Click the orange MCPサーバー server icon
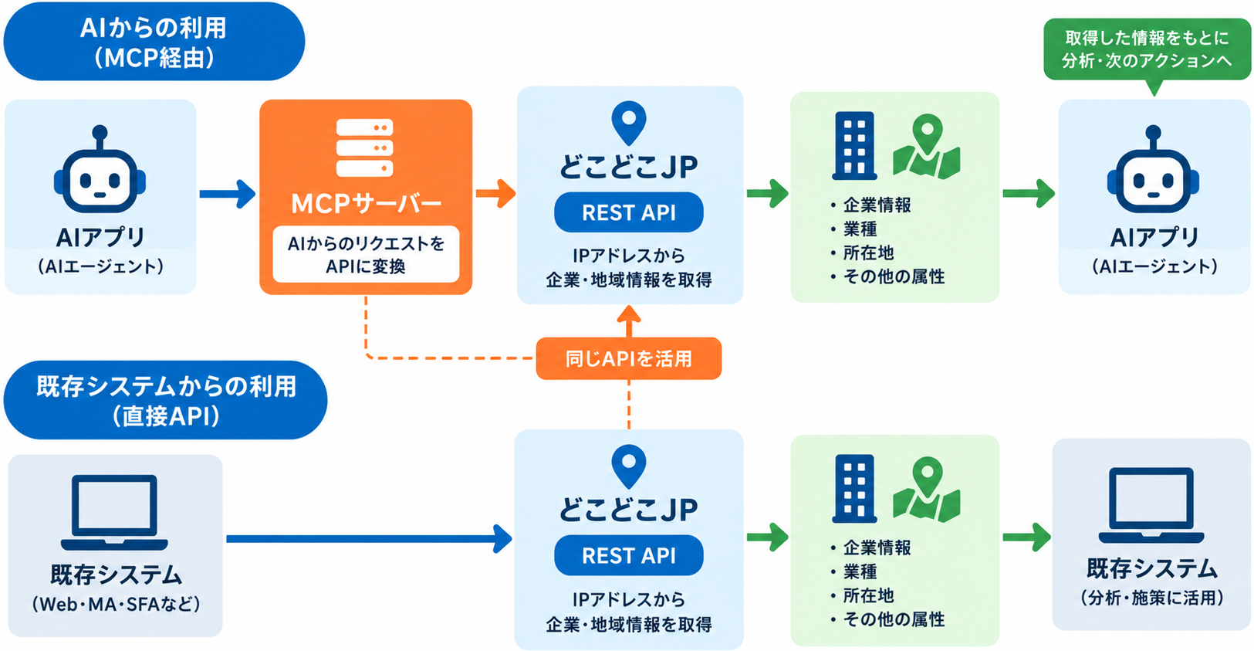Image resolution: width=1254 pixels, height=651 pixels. pos(364,148)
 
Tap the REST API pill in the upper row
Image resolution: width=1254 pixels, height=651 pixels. pos(629,212)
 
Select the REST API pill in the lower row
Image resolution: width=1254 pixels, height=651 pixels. pos(629,555)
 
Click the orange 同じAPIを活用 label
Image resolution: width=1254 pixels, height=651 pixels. pos(629,358)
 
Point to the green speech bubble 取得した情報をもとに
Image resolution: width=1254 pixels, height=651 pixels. pos(1147,50)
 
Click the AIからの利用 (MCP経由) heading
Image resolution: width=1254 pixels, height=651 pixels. pos(154,42)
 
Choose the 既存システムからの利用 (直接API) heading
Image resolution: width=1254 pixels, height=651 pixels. pos(166,400)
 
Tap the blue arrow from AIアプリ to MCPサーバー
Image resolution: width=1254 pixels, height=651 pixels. pos(228,194)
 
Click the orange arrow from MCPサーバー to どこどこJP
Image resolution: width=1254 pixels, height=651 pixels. pos(495,194)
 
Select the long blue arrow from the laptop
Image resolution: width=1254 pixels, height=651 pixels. pos(369,539)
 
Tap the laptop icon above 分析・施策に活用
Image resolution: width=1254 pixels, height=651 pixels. pos(1151,505)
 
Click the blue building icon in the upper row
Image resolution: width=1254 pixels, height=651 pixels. pos(854,146)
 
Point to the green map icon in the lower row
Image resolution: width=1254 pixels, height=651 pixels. pos(927,490)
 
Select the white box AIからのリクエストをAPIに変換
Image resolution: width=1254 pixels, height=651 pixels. pos(366,254)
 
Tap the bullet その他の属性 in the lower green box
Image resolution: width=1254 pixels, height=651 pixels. pos(888,619)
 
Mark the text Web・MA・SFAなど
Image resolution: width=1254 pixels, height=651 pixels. pos(116,604)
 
